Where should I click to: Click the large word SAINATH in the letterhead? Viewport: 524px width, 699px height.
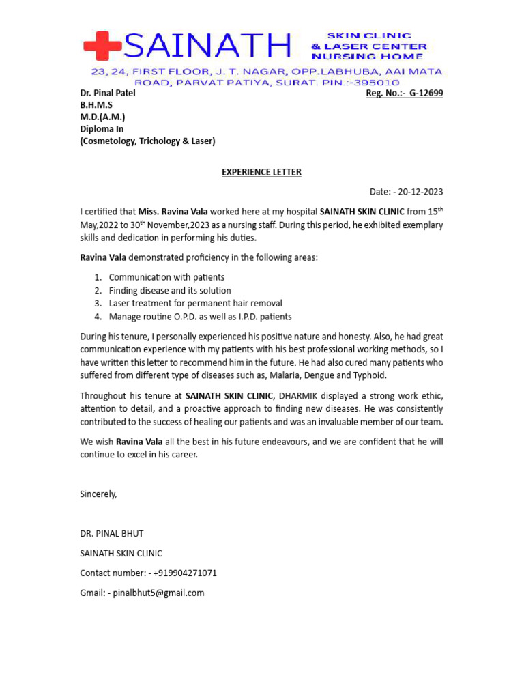[207, 46]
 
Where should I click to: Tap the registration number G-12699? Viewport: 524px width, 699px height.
[426, 93]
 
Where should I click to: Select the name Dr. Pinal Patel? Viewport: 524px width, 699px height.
[108, 93]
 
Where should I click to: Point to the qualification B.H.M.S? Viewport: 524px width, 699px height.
[96, 105]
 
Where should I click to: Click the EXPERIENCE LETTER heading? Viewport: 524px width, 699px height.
[261, 172]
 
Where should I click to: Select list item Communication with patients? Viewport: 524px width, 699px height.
[166, 277]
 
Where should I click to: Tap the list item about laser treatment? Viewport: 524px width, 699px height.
[195, 303]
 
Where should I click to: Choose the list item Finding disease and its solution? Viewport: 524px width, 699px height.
[170, 290]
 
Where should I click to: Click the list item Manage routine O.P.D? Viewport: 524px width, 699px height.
[200, 316]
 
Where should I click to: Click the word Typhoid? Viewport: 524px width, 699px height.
[369, 375]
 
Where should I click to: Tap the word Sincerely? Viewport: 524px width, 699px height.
[98, 494]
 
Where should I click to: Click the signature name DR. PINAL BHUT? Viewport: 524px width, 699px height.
[112, 533]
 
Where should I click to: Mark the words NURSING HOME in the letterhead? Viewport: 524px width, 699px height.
[368, 57]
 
